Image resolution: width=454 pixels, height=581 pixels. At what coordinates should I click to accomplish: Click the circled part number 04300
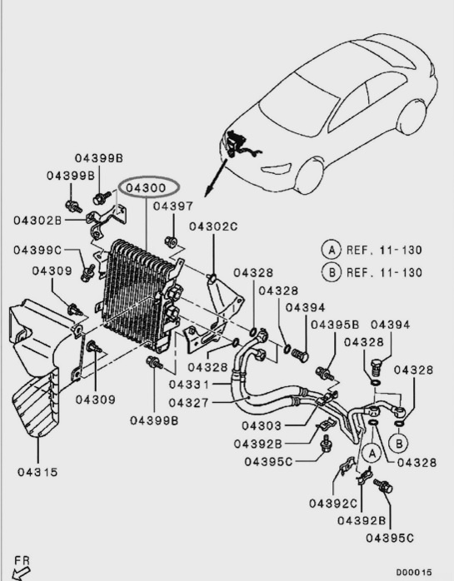pos(147,188)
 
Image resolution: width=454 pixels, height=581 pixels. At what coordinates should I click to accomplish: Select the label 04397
pos(172,206)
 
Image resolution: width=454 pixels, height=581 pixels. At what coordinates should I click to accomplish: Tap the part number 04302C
pos(212,226)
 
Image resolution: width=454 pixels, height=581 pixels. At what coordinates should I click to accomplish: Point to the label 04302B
pos(37,221)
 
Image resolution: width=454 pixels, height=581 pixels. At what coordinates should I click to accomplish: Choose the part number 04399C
pos(37,250)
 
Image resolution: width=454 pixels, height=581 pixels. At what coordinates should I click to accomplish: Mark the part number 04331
pos(193,385)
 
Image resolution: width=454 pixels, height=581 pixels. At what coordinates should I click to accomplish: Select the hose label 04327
pos(193,403)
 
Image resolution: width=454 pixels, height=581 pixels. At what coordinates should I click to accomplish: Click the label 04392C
pos(333,504)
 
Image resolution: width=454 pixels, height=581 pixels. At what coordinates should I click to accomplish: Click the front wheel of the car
pos(310,174)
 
